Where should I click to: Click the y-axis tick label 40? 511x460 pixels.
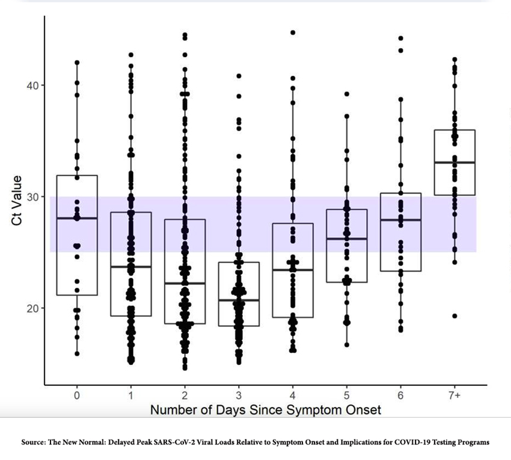point(31,85)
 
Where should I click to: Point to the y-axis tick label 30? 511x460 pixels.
point(31,197)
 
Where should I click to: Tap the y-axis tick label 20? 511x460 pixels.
point(31,308)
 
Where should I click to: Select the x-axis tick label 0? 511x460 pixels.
point(77,395)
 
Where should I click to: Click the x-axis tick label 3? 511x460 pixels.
point(239,395)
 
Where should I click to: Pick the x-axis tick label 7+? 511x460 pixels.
point(454,395)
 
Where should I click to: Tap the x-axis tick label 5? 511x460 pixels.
point(346,395)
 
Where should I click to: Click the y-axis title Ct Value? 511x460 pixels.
point(16,201)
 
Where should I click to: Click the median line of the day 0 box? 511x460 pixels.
point(77,218)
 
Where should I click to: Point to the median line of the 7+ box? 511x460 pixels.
point(454,163)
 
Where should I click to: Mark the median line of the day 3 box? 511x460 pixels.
point(239,300)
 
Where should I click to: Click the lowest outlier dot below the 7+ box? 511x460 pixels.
point(454,316)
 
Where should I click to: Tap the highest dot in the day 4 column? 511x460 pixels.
point(293,33)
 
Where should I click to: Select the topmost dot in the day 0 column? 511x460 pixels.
point(77,63)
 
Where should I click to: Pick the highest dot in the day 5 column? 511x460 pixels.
point(346,94)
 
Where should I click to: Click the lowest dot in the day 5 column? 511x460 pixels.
point(346,344)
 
